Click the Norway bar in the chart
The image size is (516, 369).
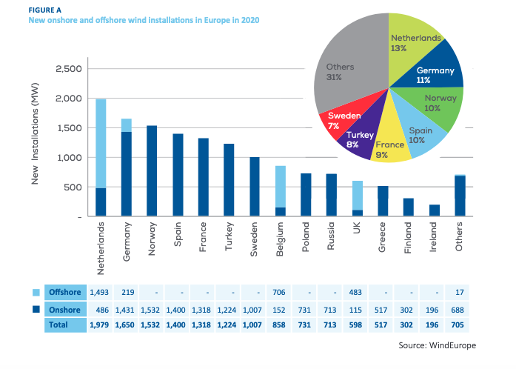tap(153, 171)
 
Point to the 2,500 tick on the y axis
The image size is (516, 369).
tap(70, 69)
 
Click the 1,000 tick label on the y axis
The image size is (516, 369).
tap(70, 158)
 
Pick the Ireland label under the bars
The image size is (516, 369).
tap(435, 239)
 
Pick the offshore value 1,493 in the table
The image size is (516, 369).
tap(100, 292)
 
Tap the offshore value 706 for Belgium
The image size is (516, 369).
tap(281, 292)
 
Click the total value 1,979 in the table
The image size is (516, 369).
tap(100, 324)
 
